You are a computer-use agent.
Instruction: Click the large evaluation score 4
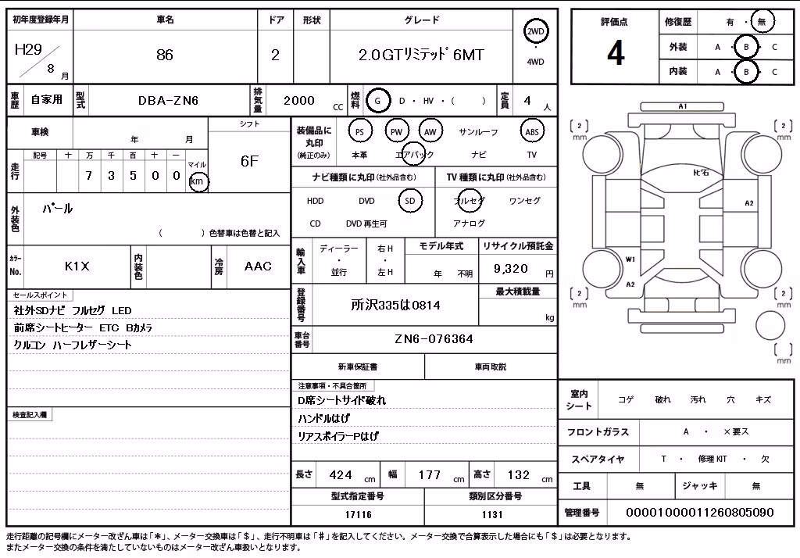coord(616,53)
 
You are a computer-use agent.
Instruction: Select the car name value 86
coord(165,55)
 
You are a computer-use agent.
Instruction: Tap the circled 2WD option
coord(535,32)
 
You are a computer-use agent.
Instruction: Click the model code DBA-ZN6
coord(168,101)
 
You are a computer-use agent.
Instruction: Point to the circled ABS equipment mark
coord(531,132)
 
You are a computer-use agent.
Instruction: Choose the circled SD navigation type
coord(409,201)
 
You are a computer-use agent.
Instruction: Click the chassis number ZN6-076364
coord(434,339)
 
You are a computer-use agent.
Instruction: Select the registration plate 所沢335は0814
coord(395,306)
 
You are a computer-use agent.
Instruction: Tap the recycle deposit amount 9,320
coord(510,269)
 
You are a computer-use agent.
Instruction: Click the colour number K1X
coord(77,266)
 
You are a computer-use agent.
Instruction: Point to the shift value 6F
coord(249,161)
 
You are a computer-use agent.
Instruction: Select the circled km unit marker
coord(198,181)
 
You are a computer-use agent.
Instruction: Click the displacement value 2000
coord(299,101)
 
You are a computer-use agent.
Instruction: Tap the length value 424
coord(341,475)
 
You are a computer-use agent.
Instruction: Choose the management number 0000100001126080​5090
coord(699,512)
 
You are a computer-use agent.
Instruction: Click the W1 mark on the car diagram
coord(630,259)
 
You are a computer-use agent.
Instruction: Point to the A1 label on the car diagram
coord(683,106)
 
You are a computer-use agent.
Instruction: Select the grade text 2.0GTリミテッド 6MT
coord(421,55)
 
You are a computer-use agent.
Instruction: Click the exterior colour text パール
coord(57,209)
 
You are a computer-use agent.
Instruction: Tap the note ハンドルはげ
coord(323,419)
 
